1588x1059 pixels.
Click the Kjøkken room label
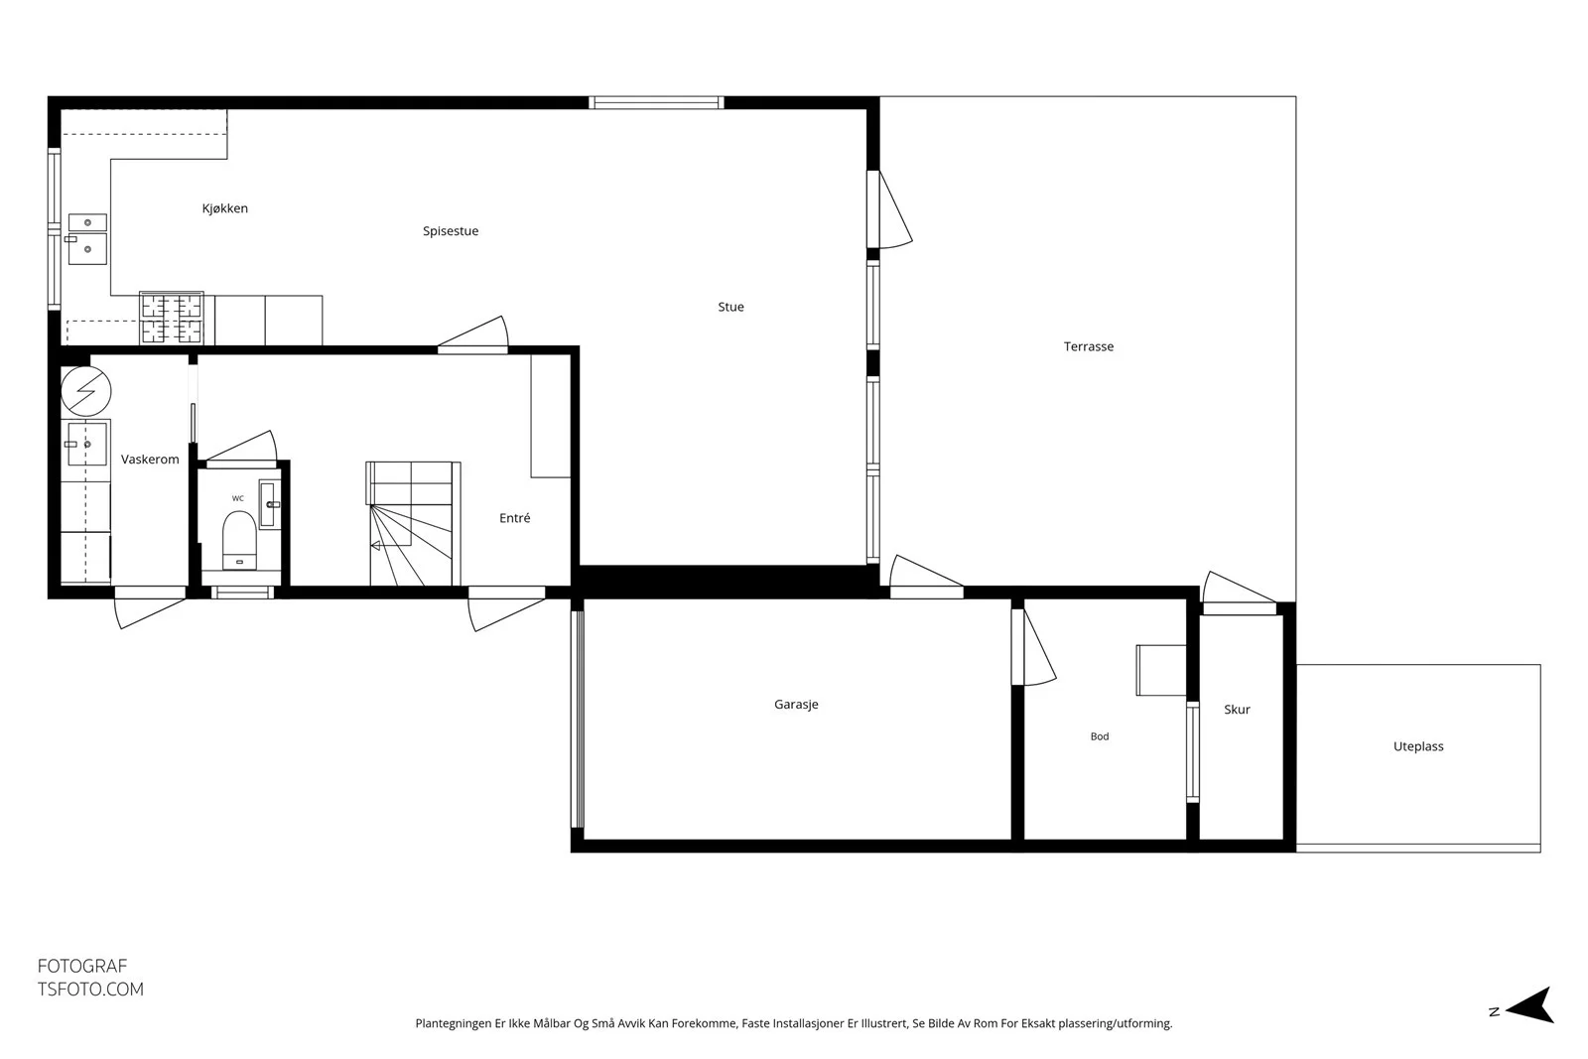point(224,208)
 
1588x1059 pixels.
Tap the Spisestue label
point(451,231)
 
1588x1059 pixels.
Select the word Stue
point(730,307)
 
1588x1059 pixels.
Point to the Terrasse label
point(1088,346)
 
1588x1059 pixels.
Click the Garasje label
point(796,705)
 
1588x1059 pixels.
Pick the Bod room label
point(1100,736)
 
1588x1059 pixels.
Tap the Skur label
point(1237,710)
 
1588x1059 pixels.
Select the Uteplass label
point(1418,746)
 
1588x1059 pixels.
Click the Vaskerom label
point(150,460)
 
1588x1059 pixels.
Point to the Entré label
point(515,518)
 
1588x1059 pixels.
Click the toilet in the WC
point(239,541)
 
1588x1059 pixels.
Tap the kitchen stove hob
point(172,318)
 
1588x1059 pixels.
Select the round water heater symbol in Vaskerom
point(85,391)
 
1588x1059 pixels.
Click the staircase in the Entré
point(413,524)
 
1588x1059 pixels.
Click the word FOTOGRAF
point(82,966)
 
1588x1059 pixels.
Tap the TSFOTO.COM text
point(90,990)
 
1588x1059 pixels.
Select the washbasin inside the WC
point(269,504)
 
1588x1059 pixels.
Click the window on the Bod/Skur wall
point(1193,752)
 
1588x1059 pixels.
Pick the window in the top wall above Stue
point(656,103)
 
